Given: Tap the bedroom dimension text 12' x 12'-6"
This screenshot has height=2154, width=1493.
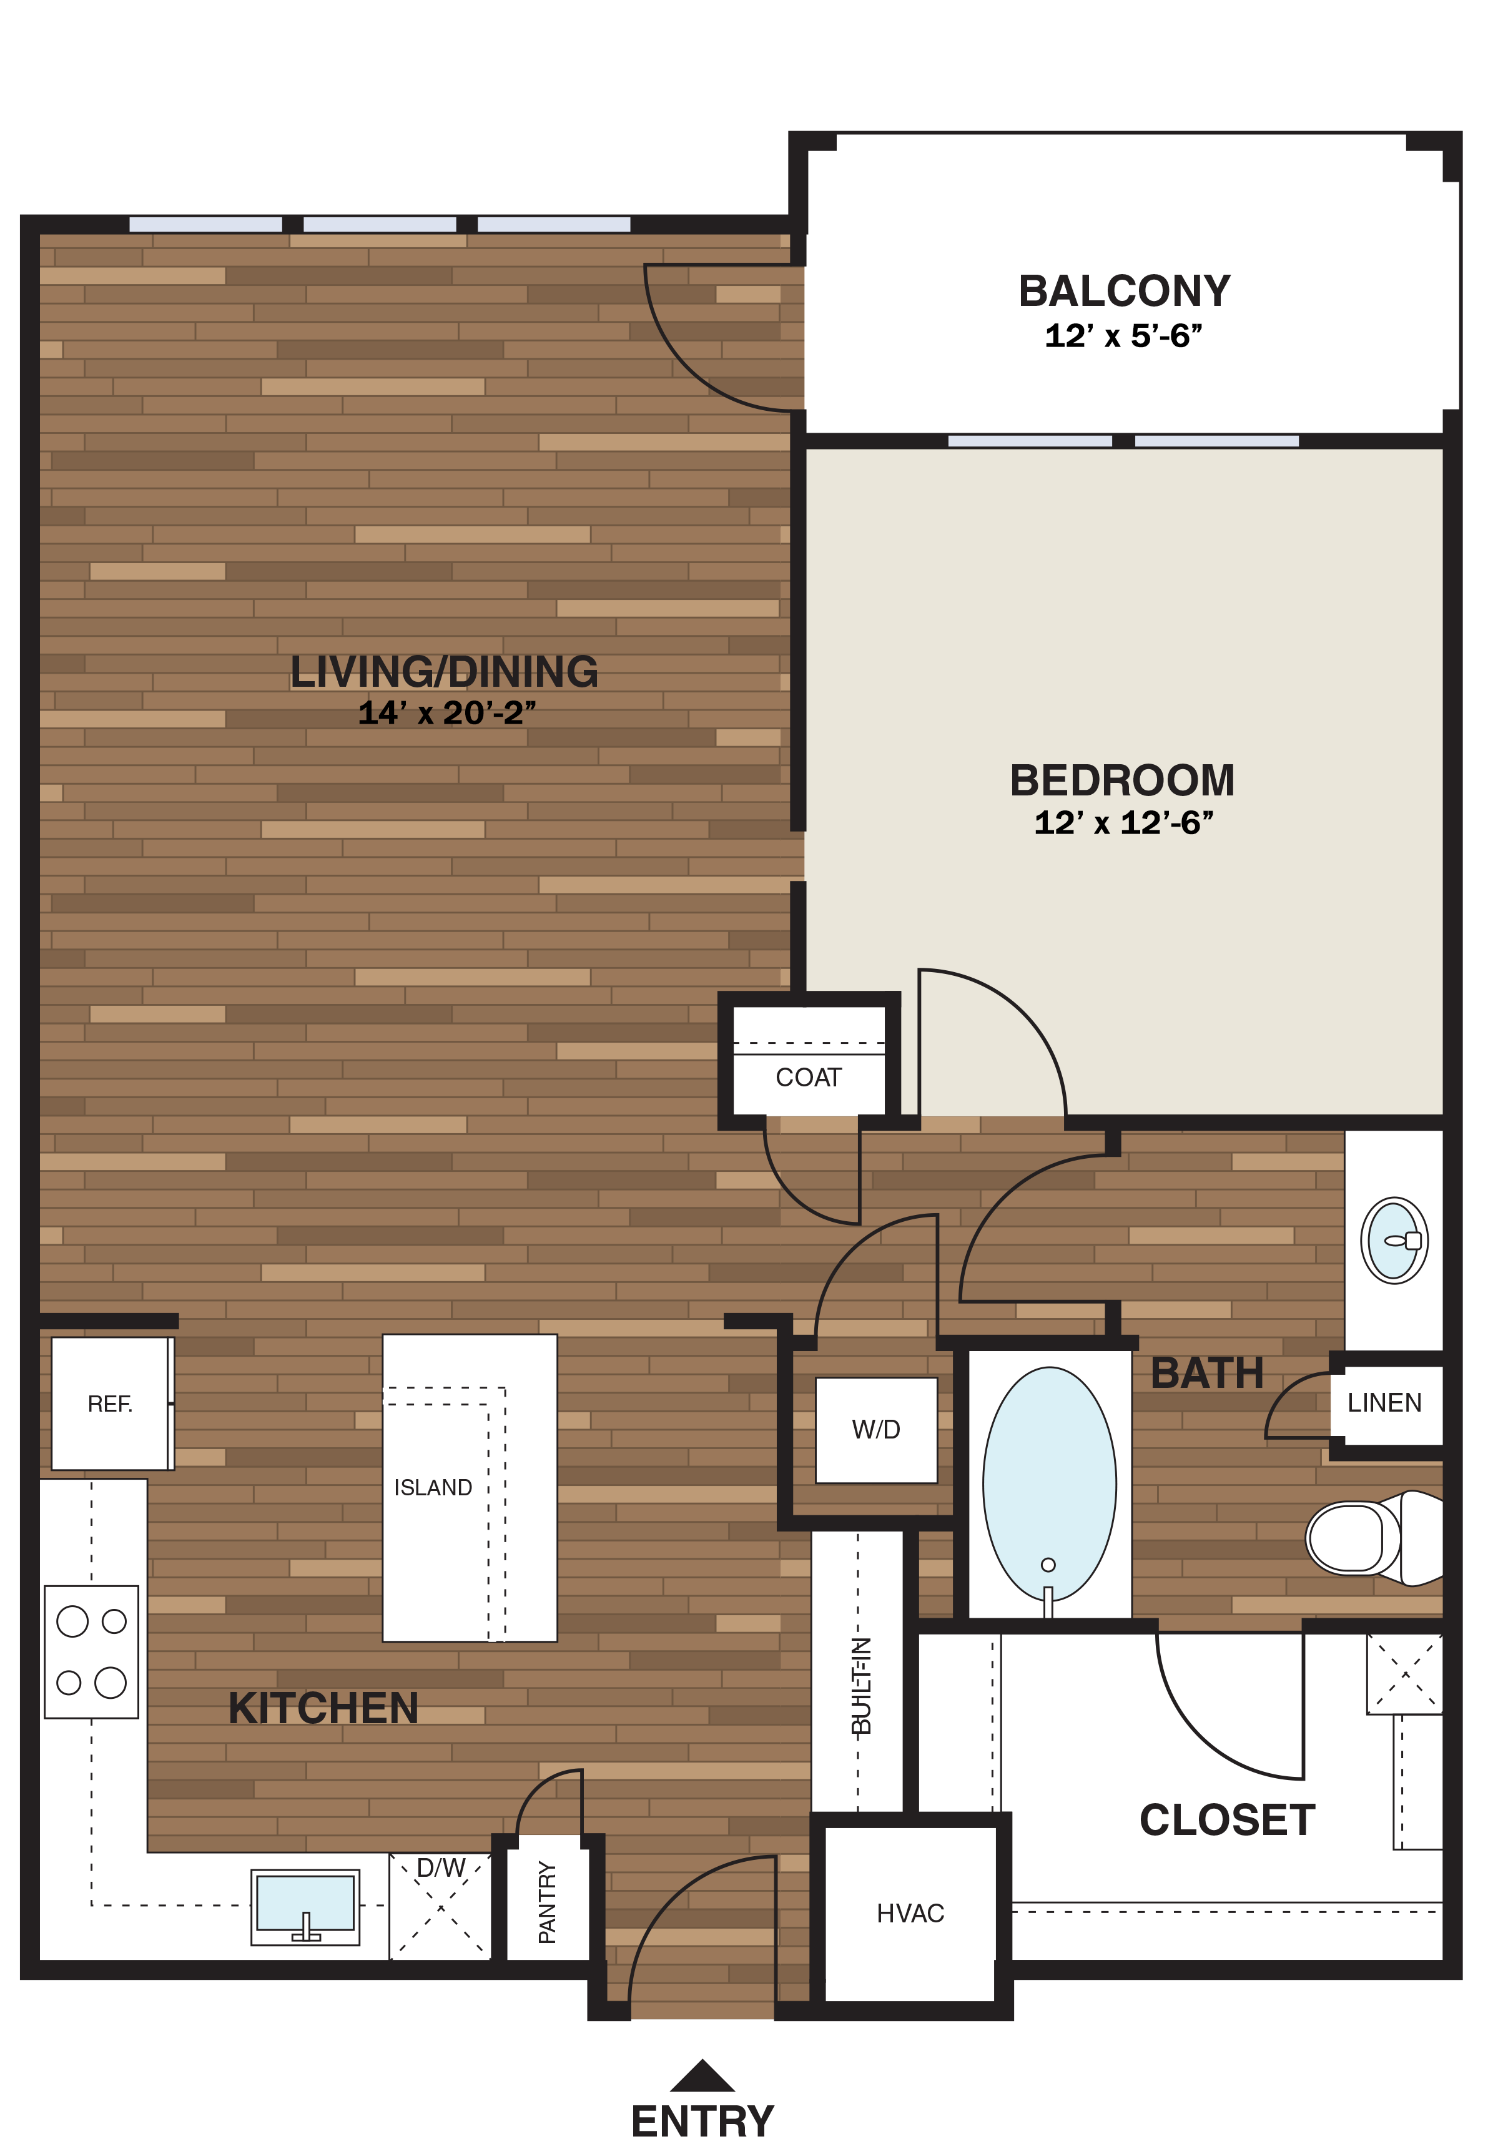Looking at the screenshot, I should pos(1123,823).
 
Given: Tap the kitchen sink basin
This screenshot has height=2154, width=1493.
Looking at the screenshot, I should pos(305,1902).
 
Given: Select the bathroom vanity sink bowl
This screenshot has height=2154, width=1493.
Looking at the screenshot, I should pos(1393,1240).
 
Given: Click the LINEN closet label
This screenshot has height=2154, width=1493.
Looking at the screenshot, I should pos(1384,1403).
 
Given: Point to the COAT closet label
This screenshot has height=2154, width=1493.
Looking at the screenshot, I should pos(808,1078).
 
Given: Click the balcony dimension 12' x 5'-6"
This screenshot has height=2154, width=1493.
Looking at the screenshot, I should pos(1123,336).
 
